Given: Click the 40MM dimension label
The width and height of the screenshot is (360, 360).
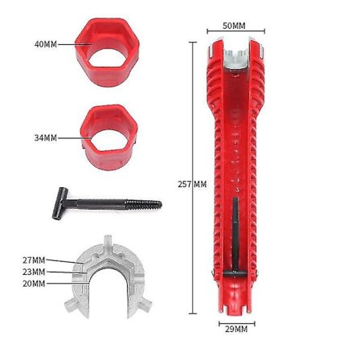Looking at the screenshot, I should (x=44, y=43).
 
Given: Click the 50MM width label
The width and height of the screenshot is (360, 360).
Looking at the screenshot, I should (x=233, y=26).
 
